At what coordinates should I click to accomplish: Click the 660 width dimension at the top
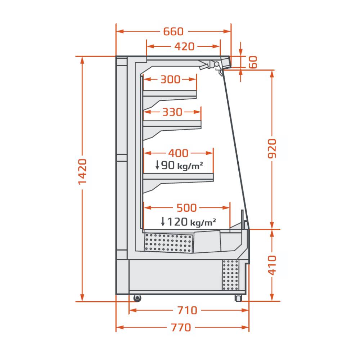(x=174, y=31)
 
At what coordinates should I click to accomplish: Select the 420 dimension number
(x=184, y=46)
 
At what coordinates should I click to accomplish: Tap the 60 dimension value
(x=253, y=62)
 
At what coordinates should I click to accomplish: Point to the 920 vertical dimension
(x=272, y=149)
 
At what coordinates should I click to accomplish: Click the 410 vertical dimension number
(x=272, y=265)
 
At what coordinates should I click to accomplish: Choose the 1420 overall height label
(x=82, y=172)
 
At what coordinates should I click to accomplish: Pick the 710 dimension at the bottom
(x=187, y=310)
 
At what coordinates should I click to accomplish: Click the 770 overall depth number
(x=181, y=327)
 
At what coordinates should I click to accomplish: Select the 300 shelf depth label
(x=170, y=80)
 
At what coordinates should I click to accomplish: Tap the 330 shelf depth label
(x=172, y=112)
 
